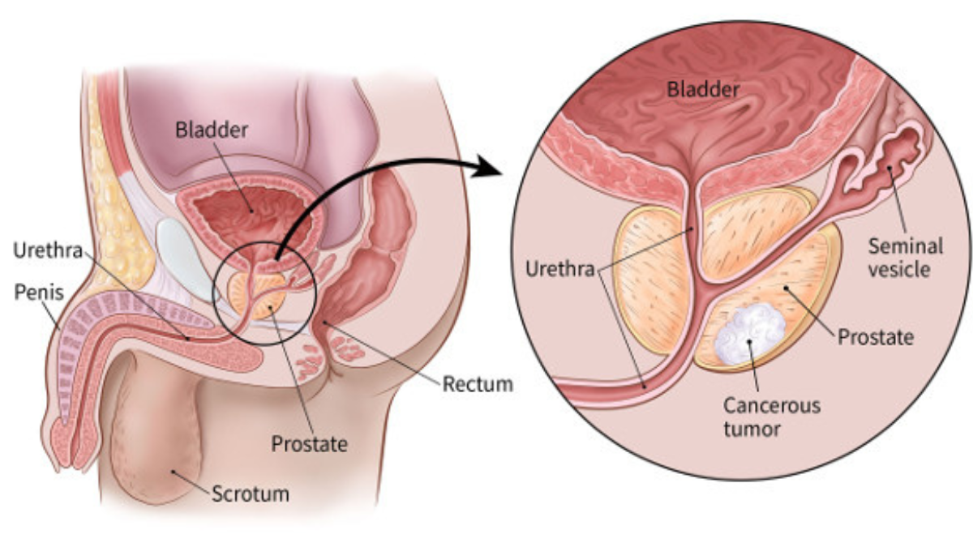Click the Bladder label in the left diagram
[x=212, y=130]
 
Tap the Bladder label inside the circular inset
[x=703, y=89]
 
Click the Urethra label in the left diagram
[x=48, y=250]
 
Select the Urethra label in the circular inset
[x=560, y=269]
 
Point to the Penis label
[x=39, y=293]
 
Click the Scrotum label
[x=251, y=494]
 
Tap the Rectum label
[x=478, y=384]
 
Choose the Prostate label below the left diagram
[x=309, y=444]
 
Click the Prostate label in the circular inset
[x=876, y=337]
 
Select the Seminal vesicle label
[x=905, y=258]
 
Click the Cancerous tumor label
[x=772, y=417]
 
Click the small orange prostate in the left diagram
[x=256, y=295]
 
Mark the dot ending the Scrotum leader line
[x=173, y=471]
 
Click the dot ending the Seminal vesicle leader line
[x=889, y=168]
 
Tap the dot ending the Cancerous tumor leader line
[x=749, y=342]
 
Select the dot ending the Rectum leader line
[x=324, y=322]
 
